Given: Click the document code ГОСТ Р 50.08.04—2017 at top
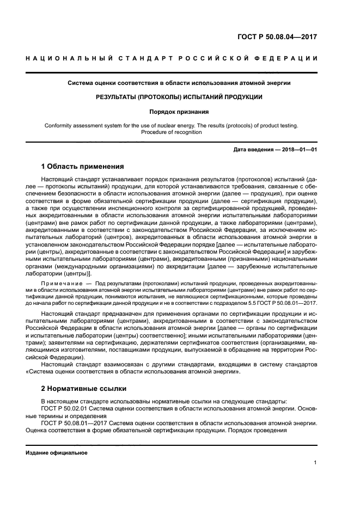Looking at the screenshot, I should tap(277, 37).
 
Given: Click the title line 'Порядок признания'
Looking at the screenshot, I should tap(179, 112).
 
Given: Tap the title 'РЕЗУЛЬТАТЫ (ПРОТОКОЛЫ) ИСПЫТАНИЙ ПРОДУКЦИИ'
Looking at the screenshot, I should tap(179, 97).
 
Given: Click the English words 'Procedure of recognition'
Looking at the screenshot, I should tap(179, 132).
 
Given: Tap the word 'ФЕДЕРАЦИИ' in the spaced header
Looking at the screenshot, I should tap(286, 58).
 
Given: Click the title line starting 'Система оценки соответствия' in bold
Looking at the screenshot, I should tap(179, 83).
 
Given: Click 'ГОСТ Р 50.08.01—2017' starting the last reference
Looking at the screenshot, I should tap(74, 422).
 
